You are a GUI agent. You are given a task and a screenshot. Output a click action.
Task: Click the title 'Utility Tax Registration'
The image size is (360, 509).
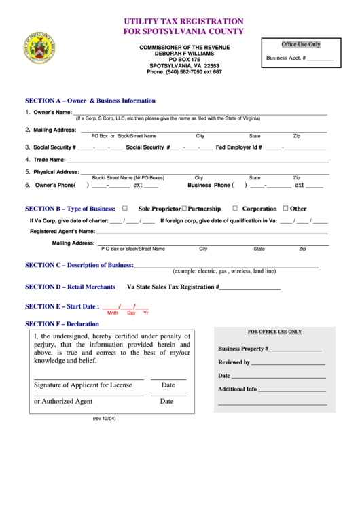click(x=183, y=22)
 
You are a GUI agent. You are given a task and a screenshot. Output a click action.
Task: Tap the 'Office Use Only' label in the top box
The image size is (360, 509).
click(x=300, y=44)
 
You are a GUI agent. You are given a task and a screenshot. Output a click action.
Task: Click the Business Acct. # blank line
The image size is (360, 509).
click(x=321, y=60)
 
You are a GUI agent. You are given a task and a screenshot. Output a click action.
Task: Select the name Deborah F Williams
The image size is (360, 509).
click(x=184, y=54)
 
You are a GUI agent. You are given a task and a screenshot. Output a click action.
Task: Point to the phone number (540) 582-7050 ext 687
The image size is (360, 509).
click(x=184, y=72)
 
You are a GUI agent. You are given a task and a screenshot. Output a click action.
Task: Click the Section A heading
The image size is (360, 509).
click(x=90, y=101)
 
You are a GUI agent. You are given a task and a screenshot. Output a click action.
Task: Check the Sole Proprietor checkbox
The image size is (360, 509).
click(x=124, y=209)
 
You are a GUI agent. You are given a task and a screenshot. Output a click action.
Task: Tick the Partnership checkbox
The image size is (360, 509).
click(x=184, y=209)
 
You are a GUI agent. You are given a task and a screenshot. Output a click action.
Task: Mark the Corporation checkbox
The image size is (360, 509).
click(x=235, y=209)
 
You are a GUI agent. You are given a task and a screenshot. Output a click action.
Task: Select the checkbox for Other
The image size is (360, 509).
click(x=285, y=209)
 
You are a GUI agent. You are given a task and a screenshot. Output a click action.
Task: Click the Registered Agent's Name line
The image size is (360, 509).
click(x=203, y=232)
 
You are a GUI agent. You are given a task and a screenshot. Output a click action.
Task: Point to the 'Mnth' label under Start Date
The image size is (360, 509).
click(x=113, y=313)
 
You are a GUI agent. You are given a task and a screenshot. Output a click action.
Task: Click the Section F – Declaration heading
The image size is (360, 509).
click(x=62, y=324)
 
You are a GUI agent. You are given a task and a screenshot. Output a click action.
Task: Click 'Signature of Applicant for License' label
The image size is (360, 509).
click(x=83, y=385)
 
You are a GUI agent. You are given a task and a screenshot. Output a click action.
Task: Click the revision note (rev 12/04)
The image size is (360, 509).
click(x=105, y=419)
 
